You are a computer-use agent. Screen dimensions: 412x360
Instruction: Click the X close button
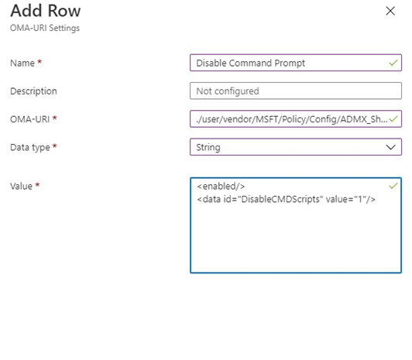coord(390,11)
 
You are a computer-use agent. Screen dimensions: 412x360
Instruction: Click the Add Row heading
coord(46,11)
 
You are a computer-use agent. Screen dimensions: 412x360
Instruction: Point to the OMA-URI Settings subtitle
coord(45,28)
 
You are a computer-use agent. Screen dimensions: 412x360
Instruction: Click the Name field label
coord(22,63)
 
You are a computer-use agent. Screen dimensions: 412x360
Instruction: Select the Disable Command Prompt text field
coord(296,63)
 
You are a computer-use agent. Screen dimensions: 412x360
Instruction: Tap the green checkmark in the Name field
coord(393,63)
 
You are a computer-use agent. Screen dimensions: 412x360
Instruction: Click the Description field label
coord(33,91)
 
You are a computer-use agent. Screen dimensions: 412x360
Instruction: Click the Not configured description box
coord(296,91)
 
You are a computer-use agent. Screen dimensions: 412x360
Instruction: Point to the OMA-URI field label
coord(29,119)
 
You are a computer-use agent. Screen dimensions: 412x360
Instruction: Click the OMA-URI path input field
coord(296,119)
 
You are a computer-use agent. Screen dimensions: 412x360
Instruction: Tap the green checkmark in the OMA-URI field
coord(393,119)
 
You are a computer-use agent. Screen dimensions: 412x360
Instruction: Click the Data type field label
coord(30,147)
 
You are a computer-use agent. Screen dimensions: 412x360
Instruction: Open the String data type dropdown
coord(296,147)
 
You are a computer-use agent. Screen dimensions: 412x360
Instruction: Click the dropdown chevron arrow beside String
coord(391,147)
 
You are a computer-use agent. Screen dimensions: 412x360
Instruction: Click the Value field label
coord(21,186)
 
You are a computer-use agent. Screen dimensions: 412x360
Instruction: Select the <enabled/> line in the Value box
coord(221,186)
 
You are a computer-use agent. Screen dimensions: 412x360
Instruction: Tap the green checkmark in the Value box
coord(393,186)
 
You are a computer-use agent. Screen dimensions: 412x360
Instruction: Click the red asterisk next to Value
coord(38,185)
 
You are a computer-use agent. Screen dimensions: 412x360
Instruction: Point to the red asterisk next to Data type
coord(55,146)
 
